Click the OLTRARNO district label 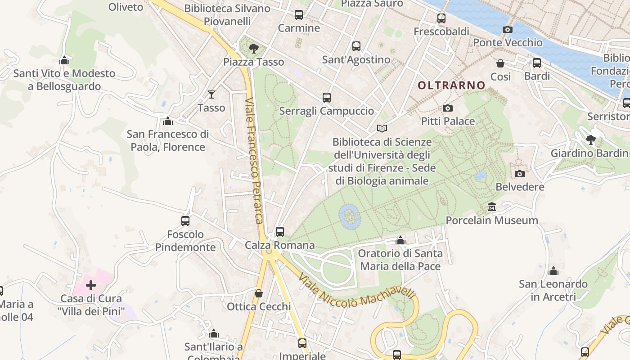pyautogui.click(x=451, y=85)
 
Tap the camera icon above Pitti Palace pyautogui.click(x=447, y=108)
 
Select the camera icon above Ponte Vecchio pyautogui.click(x=507, y=29)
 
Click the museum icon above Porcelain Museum pyautogui.click(x=492, y=207)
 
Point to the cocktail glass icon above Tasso pyautogui.click(x=211, y=94)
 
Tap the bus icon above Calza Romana pyautogui.click(x=279, y=232)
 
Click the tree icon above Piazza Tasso pyautogui.click(x=254, y=48)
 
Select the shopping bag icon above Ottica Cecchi pyautogui.click(x=258, y=293)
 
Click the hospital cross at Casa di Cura pyautogui.click(x=91, y=285)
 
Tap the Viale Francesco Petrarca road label pyautogui.click(x=253, y=160)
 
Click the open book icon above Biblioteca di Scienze pyautogui.click(x=382, y=129)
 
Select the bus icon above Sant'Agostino pyautogui.click(x=356, y=46)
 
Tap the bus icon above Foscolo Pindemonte pyautogui.click(x=185, y=221)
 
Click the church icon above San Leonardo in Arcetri pyautogui.click(x=553, y=271)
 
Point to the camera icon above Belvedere pyautogui.click(x=519, y=174)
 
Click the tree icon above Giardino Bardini pyautogui.click(x=591, y=140)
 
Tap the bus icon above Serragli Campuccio pyautogui.click(x=326, y=98)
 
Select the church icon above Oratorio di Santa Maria pyautogui.click(x=400, y=240)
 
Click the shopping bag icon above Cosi pyautogui.click(x=500, y=63)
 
